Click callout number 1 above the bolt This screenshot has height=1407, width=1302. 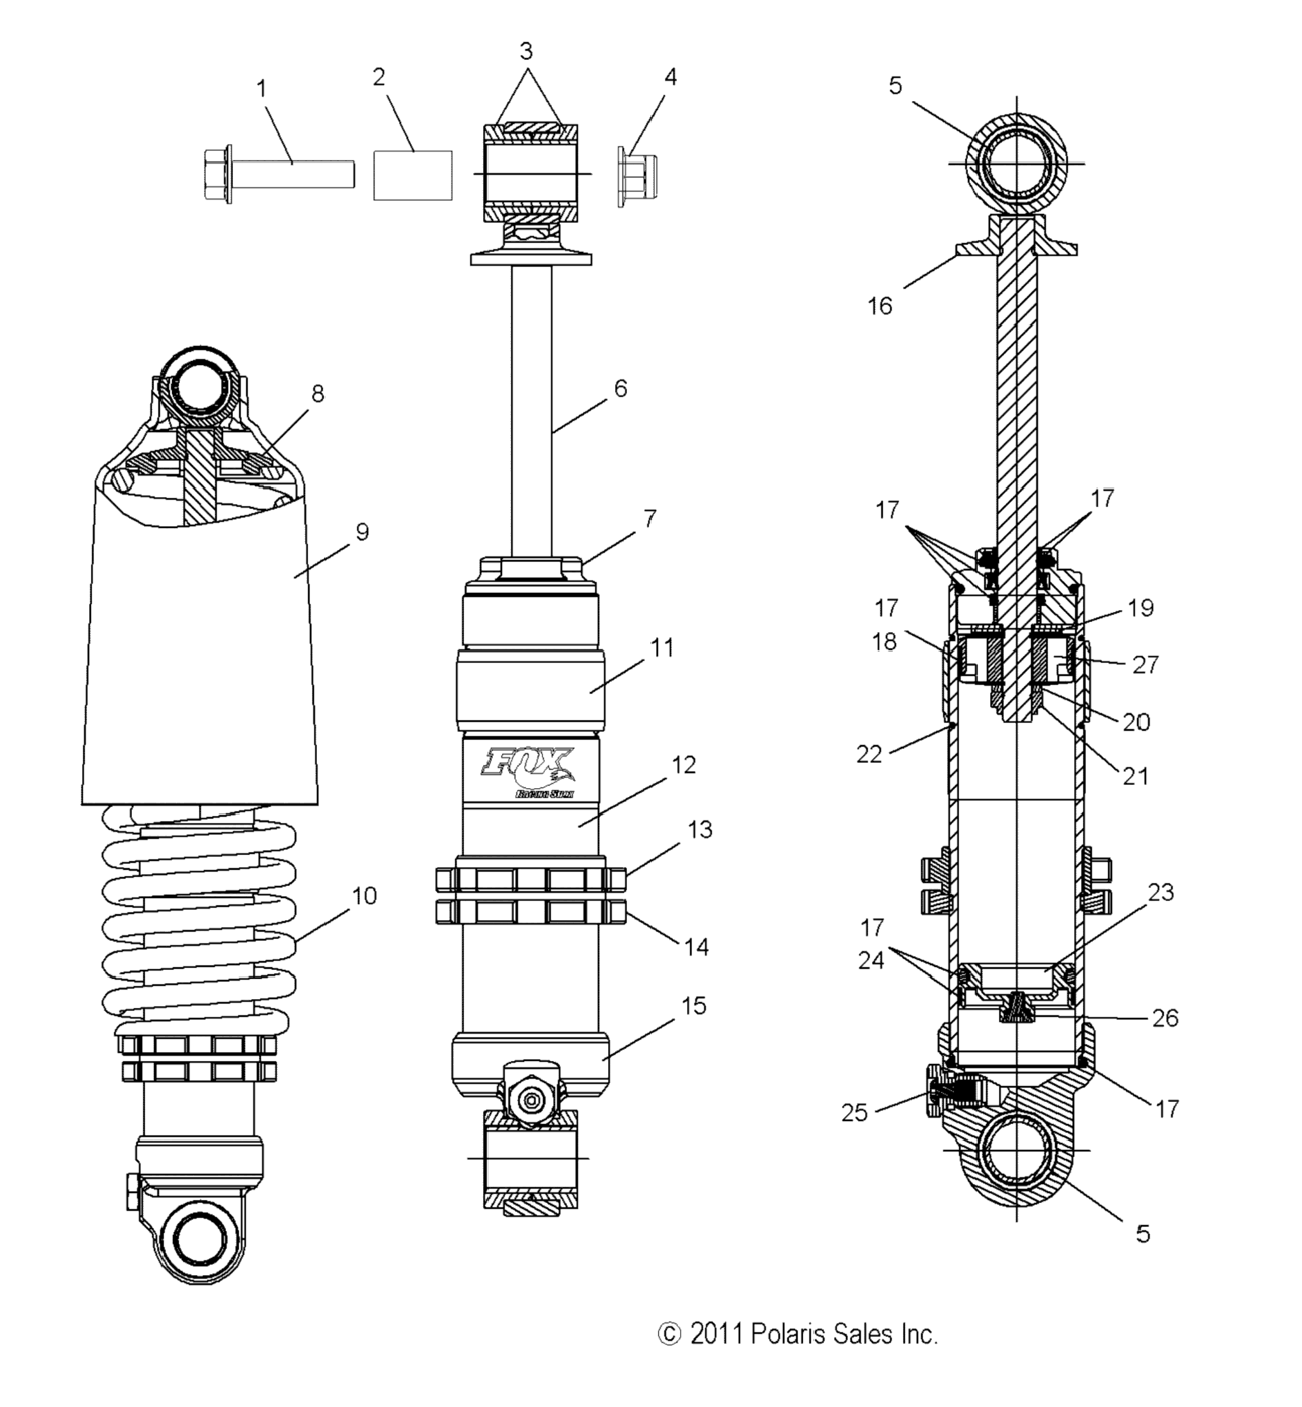click(261, 90)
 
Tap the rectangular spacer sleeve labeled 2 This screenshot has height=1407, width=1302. click(413, 175)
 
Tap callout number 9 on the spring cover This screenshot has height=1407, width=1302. click(362, 532)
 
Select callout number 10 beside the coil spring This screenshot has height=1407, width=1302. click(364, 895)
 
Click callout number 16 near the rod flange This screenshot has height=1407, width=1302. click(880, 306)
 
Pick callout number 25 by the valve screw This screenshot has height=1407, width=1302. click(854, 1113)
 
